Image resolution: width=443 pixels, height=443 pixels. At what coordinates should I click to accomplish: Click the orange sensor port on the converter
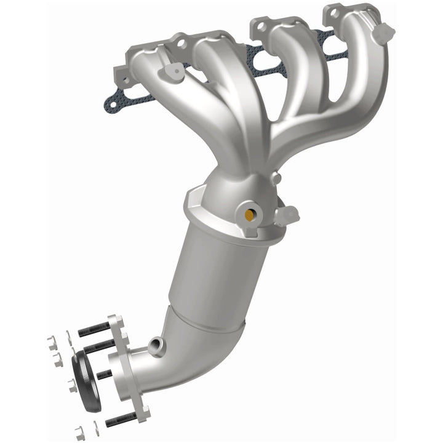tap(249, 215)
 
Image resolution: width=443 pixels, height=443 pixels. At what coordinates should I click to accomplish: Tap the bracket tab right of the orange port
tap(287, 215)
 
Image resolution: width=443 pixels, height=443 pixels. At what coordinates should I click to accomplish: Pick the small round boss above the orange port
tap(277, 178)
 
